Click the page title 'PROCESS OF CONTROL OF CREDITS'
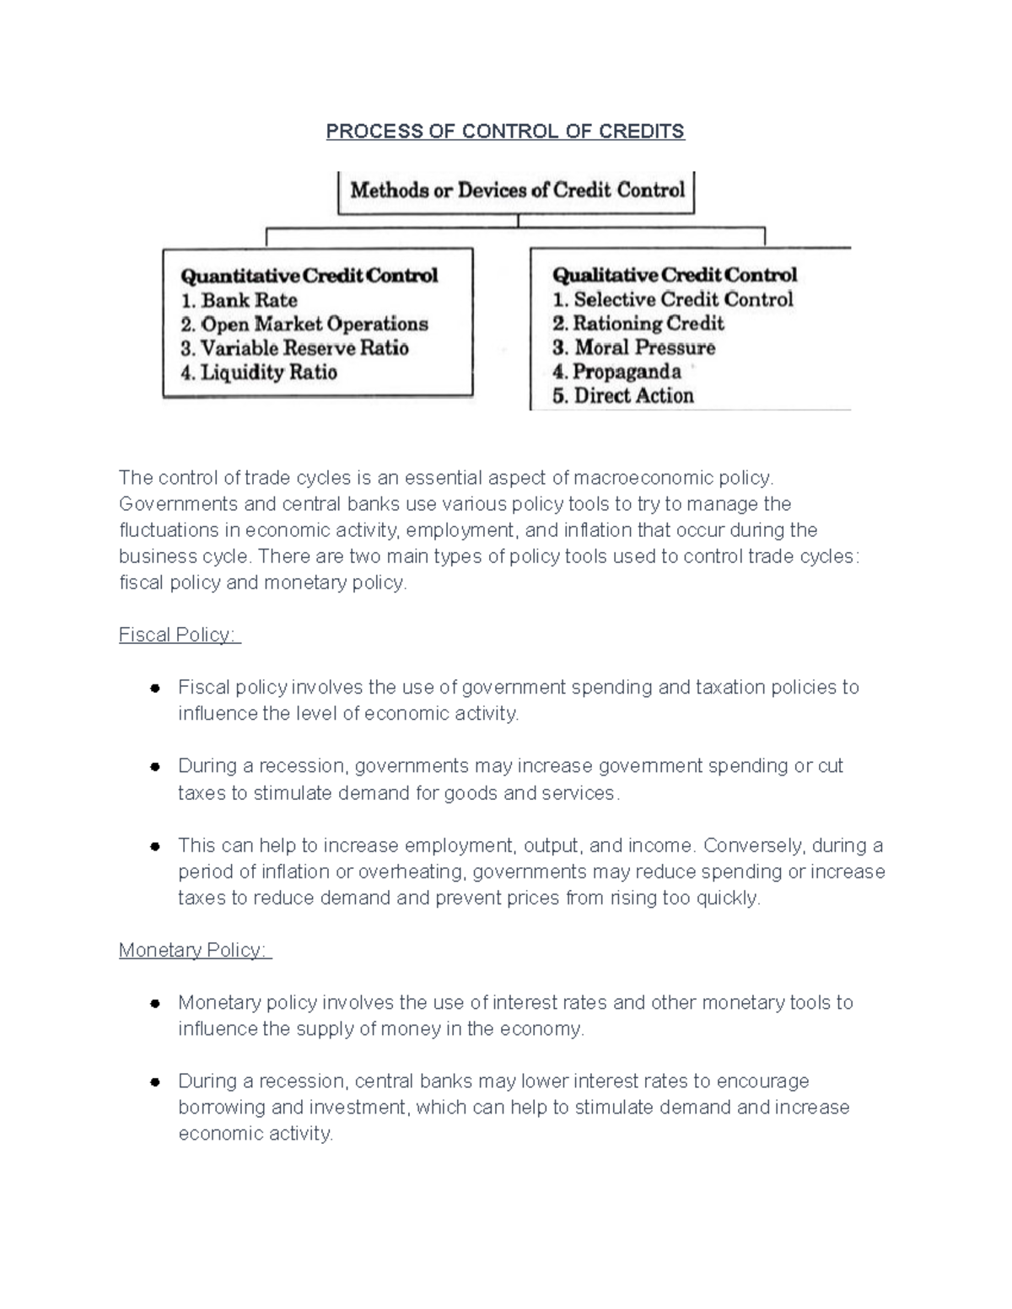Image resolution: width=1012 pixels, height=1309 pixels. pyautogui.click(x=505, y=131)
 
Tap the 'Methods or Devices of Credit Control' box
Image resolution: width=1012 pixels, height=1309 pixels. pyautogui.click(x=517, y=190)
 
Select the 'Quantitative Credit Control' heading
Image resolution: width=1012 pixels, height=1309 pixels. pyautogui.click(x=310, y=276)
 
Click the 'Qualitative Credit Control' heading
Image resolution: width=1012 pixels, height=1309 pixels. pyautogui.click(x=674, y=275)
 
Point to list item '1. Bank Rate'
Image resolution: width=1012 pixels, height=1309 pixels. pyautogui.click(x=240, y=300)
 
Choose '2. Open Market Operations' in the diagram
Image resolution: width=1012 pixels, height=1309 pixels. pyautogui.click(x=304, y=325)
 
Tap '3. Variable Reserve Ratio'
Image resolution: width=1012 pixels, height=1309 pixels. pyautogui.click(x=294, y=348)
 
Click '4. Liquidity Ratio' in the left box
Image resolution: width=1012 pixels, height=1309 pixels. pyautogui.click(x=259, y=373)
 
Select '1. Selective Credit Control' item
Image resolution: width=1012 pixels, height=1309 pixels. pyautogui.click(x=672, y=299)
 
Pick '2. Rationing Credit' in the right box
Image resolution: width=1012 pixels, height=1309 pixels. pyautogui.click(x=638, y=324)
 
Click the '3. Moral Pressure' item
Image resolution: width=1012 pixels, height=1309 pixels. pyautogui.click(x=633, y=347)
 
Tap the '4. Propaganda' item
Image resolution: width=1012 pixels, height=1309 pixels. pyautogui.click(x=616, y=372)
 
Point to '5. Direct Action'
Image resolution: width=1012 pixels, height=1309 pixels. pyautogui.click(x=622, y=396)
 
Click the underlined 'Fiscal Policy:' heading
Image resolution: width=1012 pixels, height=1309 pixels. pyautogui.click(x=179, y=635)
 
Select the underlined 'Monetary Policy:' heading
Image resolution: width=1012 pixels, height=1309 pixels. pyautogui.click(x=194, y=950)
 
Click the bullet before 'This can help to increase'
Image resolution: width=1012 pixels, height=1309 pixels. pyautogui.click(x=155, y=845)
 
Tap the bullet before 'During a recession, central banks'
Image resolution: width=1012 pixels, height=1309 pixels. pyautogui.click(x=155, y=1081)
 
